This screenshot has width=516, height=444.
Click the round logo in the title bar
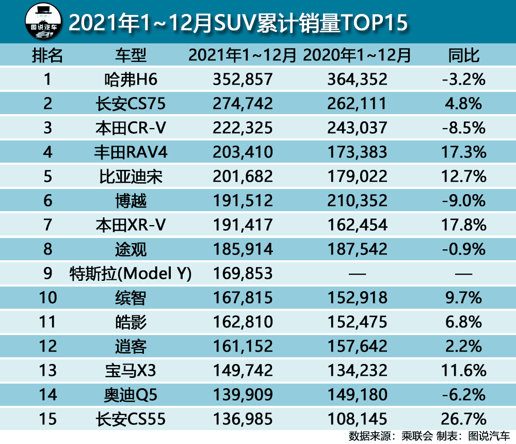pos(43,21)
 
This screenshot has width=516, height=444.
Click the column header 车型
pos(131,55)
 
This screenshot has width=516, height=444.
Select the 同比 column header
pos(464,55)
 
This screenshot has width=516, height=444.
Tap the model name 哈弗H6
pos(131,80)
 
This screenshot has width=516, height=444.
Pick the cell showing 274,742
pos(243,104)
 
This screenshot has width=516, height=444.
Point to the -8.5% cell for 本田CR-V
pos(464,128)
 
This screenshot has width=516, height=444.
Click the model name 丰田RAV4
pos(131,152)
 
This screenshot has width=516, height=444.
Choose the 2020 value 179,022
pos(357,177)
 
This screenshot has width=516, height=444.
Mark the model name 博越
pos(131,201)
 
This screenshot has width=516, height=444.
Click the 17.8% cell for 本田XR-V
pos(464,225)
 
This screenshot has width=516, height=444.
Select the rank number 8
pos(47,249)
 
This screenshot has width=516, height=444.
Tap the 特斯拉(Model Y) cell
pos(131,274)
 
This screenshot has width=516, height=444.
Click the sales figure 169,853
pos(243,274)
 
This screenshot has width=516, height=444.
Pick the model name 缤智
pos(131,298)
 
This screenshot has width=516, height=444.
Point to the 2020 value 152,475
pos(357,322)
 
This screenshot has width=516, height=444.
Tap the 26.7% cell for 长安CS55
pos(464,419)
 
